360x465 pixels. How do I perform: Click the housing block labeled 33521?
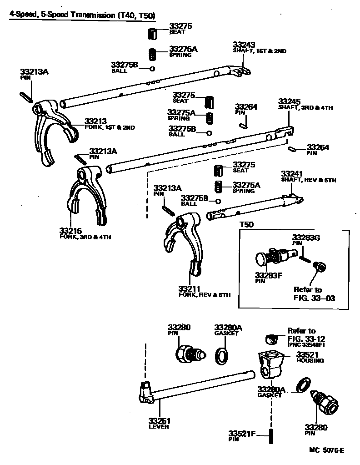click(x=270, y=364)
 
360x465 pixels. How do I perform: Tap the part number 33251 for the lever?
click(x=159, y=420)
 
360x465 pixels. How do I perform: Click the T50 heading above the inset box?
click(x=246, y=224)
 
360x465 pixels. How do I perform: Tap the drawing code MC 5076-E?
click(x=326, y=450)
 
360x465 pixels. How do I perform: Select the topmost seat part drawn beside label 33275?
click(x=154, y=34)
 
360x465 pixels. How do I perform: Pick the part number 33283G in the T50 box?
click(x=306, y=238)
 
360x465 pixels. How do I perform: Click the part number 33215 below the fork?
click(x=70, y=231)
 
